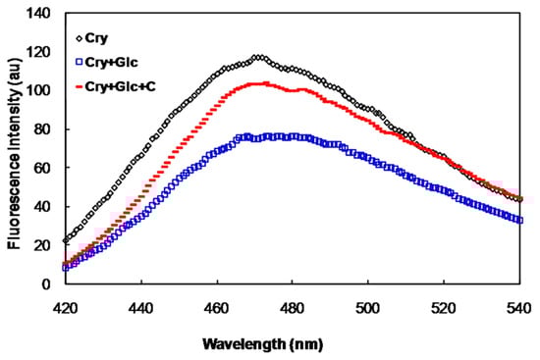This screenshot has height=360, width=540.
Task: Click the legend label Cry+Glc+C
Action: click(x=123, y=87)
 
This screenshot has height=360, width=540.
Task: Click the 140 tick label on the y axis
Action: click(x=40, y=13)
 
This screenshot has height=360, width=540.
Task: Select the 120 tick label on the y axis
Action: click(x=40, y=51)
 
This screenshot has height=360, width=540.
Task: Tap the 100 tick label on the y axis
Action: click(x=40, y=90)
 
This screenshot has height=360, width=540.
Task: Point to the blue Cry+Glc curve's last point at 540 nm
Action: click(x=519, y=220)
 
